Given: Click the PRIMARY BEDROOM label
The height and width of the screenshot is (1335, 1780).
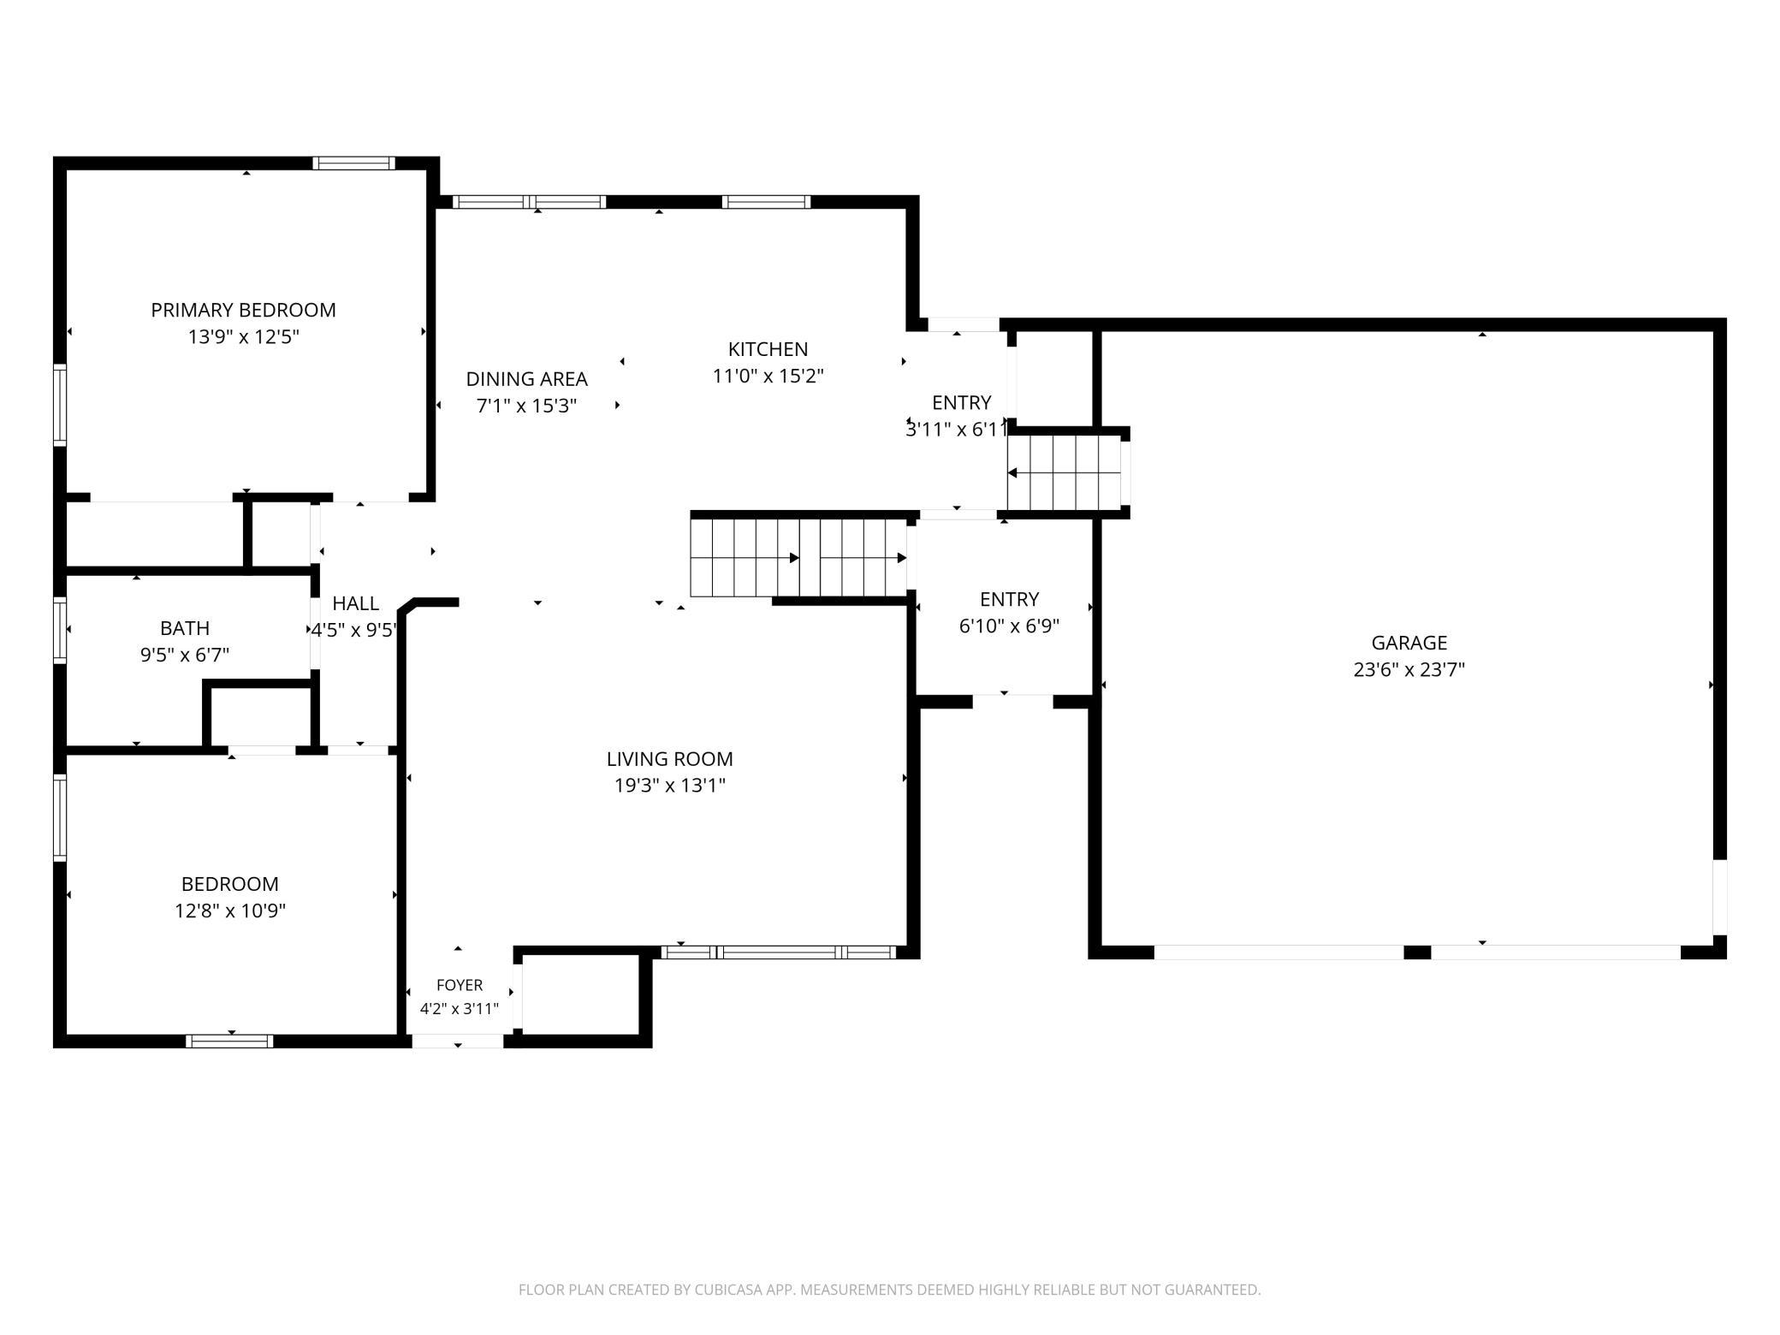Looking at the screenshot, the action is click(x=243, y=310).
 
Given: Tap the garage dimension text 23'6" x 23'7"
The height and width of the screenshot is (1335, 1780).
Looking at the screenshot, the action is click(x=1409, y=669).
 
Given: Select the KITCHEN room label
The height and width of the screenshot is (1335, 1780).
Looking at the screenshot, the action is click(x=768, y=349).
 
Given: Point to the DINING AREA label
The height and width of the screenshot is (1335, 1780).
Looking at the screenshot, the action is click(x=526, y=378).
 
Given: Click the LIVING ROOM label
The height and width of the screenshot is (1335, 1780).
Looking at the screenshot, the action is click(x=669, y=758).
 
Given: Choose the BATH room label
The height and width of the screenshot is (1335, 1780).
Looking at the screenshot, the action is click(x=185, y=628).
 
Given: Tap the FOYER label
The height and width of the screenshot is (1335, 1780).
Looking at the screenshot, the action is click(x=460, y=985).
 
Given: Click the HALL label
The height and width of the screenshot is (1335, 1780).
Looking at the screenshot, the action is click(x=355, y=603).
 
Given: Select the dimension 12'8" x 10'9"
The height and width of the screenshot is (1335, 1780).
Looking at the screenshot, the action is click(x=230, y=911).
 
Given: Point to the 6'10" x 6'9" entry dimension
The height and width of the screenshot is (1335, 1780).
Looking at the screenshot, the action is click(x=1009, y=626).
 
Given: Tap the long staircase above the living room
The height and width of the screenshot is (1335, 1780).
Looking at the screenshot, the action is click(x=798, y=558).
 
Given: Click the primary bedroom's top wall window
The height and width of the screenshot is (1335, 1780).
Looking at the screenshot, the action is click(x=353, y=163).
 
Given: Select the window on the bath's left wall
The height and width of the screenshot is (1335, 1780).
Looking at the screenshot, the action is click(x=60, y=630).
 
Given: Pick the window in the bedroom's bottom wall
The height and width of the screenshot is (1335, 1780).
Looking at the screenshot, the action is click(x=229, y=1041).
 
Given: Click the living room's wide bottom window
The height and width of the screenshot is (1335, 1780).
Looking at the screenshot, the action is click(x=779, y=952).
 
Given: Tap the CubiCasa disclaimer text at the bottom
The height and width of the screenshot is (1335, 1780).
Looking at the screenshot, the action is click(x=889, y=1290).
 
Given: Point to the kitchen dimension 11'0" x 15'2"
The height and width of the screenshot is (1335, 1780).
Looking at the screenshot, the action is click(x=768, y=376).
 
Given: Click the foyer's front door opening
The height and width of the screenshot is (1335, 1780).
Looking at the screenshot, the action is click(x=458, y=1041).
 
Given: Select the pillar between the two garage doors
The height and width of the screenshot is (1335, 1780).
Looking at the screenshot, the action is click(x=1417, y=952).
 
